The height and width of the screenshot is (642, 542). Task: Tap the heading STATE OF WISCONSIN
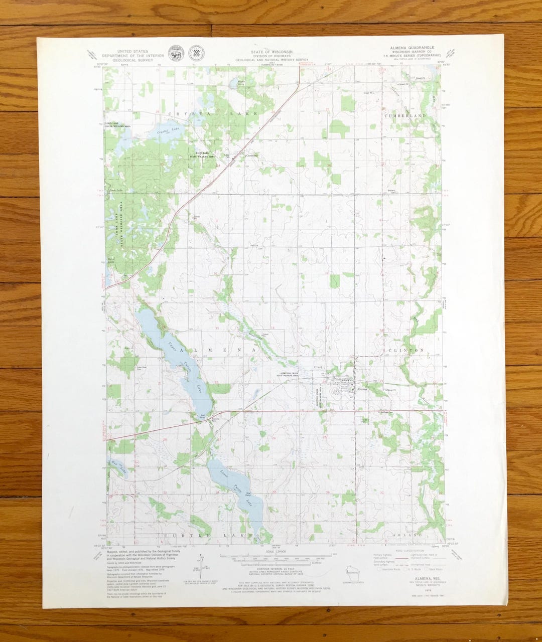[272, 52]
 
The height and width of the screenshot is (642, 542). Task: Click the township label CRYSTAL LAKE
[213, 114]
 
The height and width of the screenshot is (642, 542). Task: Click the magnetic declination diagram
[200, 564]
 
